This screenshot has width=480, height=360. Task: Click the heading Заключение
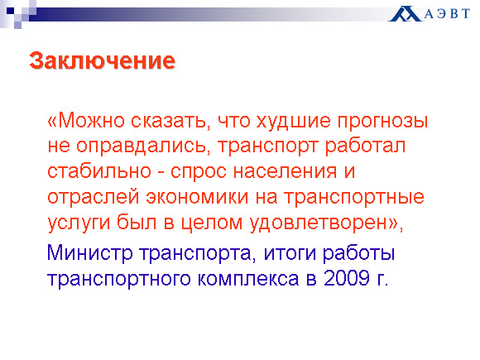pyautogui.click(x=103, y=60)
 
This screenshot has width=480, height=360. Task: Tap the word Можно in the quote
pyautogui.click(x=91, y=121)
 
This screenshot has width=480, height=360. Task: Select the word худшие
pyautogui.click(x=293, y=122)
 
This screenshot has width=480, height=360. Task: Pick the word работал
pyautogui.click(x=365, y=146)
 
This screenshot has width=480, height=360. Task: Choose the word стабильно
pyautogui.click(x=99, y=170)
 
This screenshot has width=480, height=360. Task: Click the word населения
pyautogui.click(x=285, y=172)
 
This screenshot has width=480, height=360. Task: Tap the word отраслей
pyautogui.click(x=94, y=198)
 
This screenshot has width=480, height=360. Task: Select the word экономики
pyautogui.click(x=197, y=198)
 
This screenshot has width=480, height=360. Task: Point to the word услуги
pyautogui.click(x=79, y=223)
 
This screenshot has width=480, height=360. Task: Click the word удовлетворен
pyautogui.click(x=319, y=223)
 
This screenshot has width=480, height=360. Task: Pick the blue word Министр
pyautogui.click(x=89, y=254)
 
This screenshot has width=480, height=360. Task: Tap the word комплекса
pyautogui.click(x=248, y=280)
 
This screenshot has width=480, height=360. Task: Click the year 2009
pyautogui.click(x=347, y=278)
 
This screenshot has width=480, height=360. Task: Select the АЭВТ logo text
pyautogui.click(x=447, y=14)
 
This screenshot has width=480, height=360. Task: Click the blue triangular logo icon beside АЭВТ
pyautogui.click(x=405, y=14)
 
